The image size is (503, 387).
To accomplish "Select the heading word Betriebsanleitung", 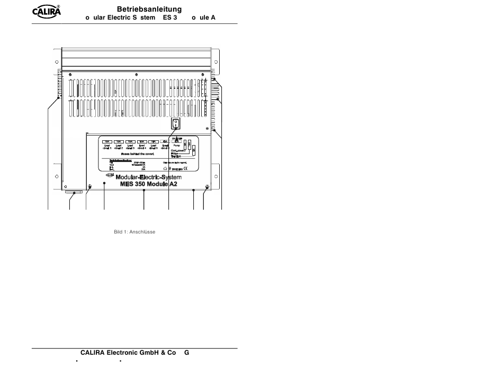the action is point(149,9).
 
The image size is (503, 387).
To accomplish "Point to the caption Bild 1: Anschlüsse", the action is point(134,232).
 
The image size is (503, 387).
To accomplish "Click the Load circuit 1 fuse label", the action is point(107,148).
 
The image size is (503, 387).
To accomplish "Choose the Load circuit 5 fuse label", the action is point(154,148).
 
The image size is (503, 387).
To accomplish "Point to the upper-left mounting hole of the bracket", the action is point(57,62).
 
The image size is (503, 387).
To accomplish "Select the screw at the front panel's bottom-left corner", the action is point(90,186).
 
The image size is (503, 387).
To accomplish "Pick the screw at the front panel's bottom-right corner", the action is point(206,186).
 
